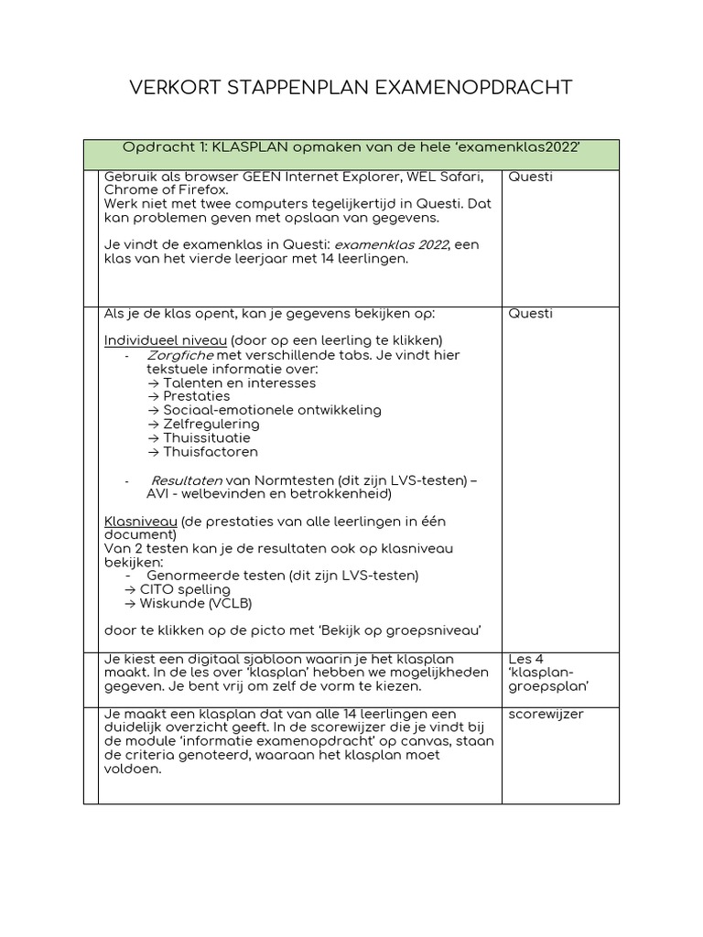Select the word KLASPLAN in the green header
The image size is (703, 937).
click(249, 148)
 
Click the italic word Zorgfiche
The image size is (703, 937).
click(180, 355)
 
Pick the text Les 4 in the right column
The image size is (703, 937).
click(526, 659)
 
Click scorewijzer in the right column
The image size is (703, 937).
click(546, 714)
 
